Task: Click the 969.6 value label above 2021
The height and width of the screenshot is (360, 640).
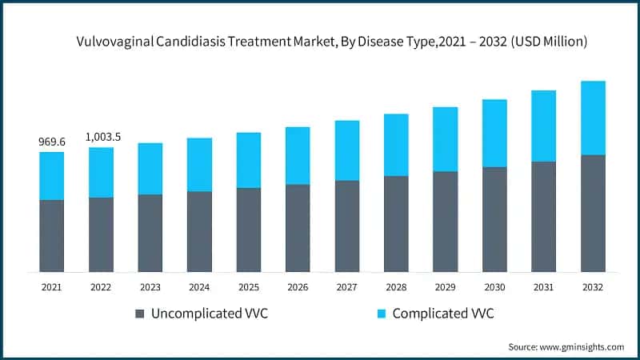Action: coord(52,142)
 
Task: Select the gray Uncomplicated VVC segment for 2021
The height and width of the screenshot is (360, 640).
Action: coord(52,235)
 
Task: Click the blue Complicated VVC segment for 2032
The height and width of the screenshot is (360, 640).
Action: coord(593,118)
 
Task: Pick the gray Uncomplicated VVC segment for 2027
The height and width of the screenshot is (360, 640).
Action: coord(347,226)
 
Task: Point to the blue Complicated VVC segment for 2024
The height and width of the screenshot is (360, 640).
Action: coord(199,165)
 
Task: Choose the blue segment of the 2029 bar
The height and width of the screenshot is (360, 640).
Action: coord(446,139)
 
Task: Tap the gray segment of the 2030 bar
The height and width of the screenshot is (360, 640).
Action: coord(494,219)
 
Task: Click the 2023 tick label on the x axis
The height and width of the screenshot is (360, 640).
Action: coord(150,286)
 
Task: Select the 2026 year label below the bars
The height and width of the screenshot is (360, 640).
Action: coord(298,286)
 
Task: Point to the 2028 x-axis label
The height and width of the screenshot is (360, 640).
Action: coord(396,286)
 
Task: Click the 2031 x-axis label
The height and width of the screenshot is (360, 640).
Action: coord(543,286)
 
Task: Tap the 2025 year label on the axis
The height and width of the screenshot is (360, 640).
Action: coord(249,286)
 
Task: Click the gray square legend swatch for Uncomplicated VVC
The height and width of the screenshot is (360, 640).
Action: coord(141,314)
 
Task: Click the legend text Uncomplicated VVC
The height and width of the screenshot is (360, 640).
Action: coord(210,314)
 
